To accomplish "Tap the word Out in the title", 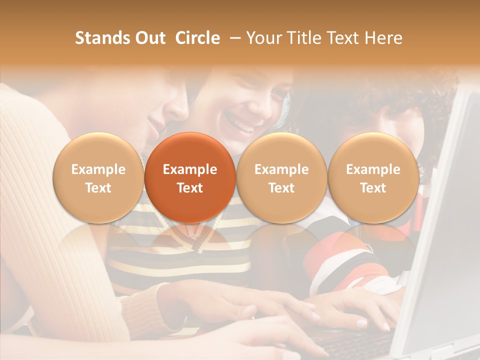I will click(x=149, y=38).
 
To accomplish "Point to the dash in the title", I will click(x=233, y=38).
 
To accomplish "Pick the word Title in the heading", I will click(x=304, y=38).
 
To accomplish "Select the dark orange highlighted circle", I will click(x=190, y=177).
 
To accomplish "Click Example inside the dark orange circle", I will click(x=190, y=169).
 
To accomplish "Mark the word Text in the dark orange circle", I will click(x=190, y=188).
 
